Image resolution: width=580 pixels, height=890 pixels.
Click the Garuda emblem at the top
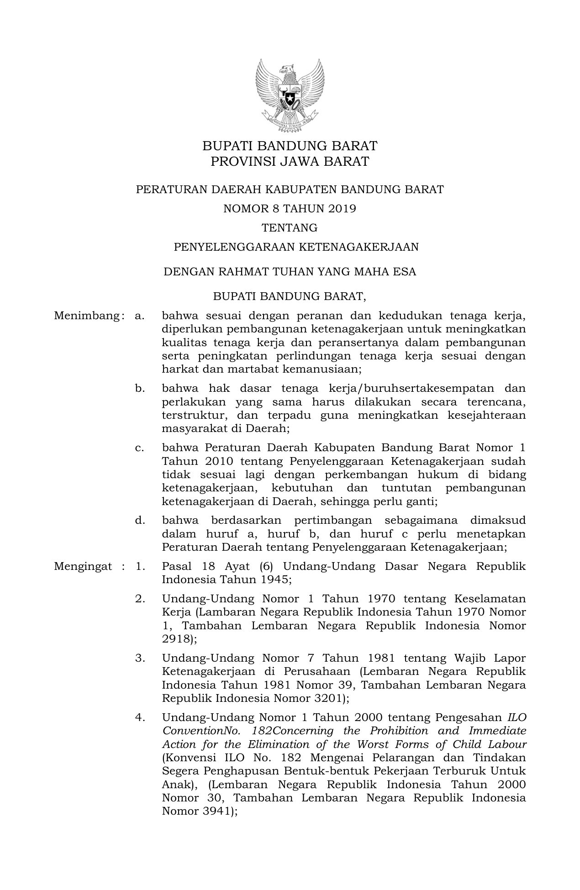(290, 95)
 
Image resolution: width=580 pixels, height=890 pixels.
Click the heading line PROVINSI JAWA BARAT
(290, 162)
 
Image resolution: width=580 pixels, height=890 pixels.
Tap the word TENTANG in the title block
(290, 227)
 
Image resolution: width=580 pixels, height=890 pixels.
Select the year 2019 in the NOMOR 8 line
(342, 209)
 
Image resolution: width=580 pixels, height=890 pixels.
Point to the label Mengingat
(83, 567)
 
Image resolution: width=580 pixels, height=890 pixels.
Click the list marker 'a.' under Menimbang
(140, 316)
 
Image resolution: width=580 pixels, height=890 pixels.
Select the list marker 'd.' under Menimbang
(140, 520)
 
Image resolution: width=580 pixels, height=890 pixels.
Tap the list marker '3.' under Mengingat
(140, 658)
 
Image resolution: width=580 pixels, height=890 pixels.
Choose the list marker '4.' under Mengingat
(140, 717)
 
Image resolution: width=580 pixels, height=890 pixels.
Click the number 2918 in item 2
(176, 639)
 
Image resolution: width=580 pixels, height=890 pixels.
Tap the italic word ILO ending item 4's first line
(517, 717)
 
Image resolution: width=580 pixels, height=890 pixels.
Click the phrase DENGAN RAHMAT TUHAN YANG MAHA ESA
(290, 272)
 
